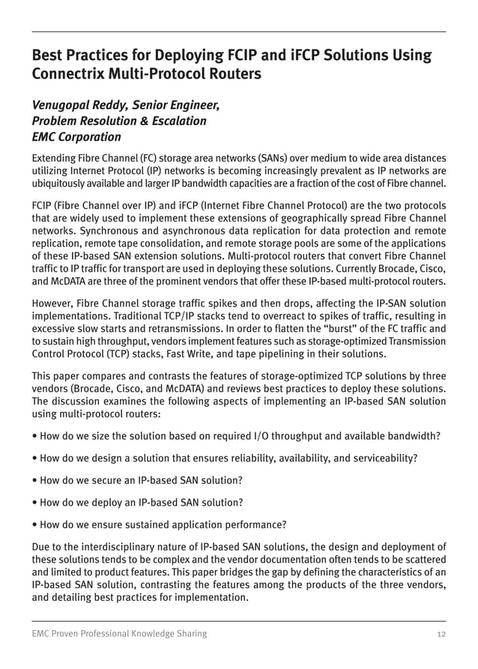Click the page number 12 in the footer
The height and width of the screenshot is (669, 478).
[441, 634]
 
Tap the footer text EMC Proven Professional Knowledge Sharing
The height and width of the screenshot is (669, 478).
[119, 634]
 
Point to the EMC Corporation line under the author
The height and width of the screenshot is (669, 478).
[76, 137]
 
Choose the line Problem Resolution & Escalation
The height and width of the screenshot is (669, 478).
[118, 121]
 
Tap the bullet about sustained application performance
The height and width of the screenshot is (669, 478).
[159, 524]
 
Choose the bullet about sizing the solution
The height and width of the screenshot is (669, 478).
[235, 436]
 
